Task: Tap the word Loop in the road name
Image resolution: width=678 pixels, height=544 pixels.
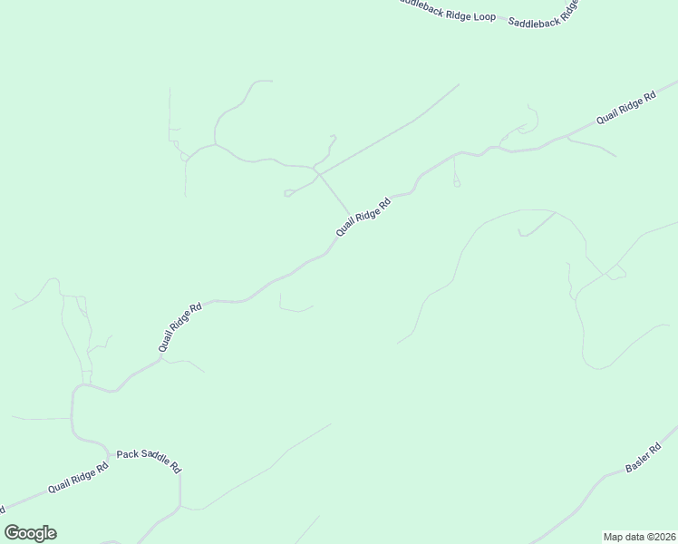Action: click(x=484, y=16)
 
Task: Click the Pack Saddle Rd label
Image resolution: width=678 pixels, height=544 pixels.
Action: click(x=149, y=461)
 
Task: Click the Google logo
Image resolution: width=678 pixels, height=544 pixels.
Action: click(x=30, y=533)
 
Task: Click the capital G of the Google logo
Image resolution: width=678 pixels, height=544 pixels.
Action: click(x=12, y=533)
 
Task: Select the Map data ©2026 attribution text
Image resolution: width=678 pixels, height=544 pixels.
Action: click(x=639, y=536)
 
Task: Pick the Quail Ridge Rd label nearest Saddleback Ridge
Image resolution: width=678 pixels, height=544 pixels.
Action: click(x=625, y=108)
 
